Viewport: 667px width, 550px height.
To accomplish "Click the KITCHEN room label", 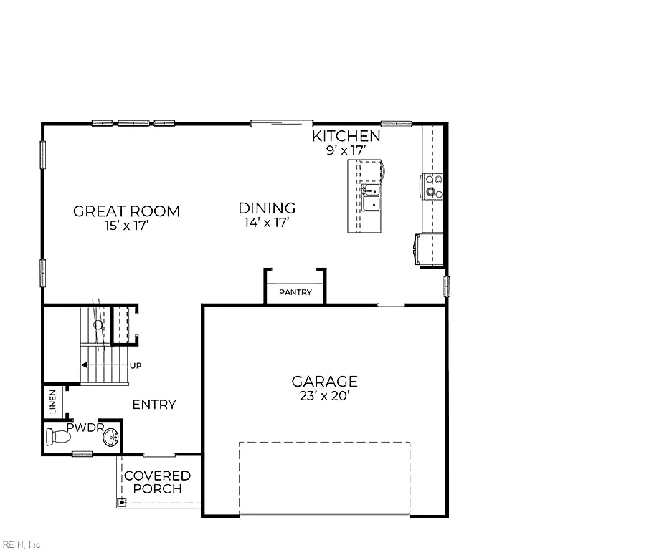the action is click(x=346, y=136).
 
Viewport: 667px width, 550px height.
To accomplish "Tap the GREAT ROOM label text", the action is click(x=126, y=211).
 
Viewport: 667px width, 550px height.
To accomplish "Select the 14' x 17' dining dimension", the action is click(x=267, y=223).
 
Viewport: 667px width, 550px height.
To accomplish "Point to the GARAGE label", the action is click(x=325, y=382).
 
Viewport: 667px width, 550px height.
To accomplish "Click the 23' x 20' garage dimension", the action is click(x=325, y=396).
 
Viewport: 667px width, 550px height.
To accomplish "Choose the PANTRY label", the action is click(x=295, y=292).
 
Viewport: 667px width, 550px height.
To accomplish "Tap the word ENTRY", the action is click(x=154, y=405).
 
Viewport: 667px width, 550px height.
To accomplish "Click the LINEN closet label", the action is click(x=53, y=402).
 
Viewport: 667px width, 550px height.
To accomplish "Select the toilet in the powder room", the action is click(x=58, y=436).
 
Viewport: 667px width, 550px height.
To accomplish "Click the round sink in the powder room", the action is click(x=110, y=437).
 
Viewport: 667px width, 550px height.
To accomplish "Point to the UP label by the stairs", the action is click(x=136, y=366).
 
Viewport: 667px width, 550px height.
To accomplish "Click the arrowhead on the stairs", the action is click(x=84, y=365).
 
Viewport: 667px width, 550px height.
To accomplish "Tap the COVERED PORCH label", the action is click(x=157, y=482).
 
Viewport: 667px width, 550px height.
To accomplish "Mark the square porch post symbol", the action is click(x=122, y=503).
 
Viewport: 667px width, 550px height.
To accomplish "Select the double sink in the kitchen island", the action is click(x=371, y=197).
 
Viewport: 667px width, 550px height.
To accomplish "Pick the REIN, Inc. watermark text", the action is click(x=22, y=545).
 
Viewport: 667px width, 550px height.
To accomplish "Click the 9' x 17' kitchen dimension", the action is click(x=346, y=150).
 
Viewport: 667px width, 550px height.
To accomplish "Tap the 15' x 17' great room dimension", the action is click(x=126, y=226).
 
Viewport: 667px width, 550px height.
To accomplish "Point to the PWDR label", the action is click(x=85, y=428).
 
